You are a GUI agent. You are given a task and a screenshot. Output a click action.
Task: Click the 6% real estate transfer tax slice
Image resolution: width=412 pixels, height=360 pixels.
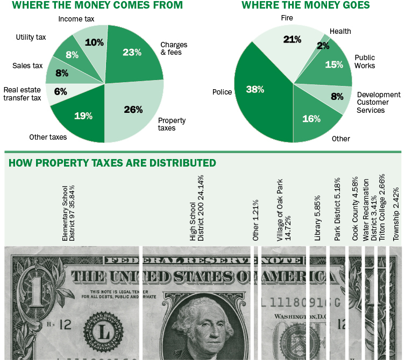59,92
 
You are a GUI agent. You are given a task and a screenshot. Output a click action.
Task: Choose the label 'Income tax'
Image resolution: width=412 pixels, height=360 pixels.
76,19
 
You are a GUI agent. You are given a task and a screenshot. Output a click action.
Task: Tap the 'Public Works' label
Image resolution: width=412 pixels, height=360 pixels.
365,61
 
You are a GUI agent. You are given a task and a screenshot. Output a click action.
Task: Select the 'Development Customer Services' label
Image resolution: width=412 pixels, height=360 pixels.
379,102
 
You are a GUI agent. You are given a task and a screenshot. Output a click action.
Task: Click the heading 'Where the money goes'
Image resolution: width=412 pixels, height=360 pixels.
306,5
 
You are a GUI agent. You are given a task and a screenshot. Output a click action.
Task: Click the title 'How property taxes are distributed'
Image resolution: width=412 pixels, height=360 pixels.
112,162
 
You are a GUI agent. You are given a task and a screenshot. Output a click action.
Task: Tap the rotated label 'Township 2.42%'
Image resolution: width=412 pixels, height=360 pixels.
396,221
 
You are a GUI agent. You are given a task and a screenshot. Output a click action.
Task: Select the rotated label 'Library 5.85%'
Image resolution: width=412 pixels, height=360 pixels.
318,222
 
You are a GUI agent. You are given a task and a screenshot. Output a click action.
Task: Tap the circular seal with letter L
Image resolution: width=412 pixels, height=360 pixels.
105,333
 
